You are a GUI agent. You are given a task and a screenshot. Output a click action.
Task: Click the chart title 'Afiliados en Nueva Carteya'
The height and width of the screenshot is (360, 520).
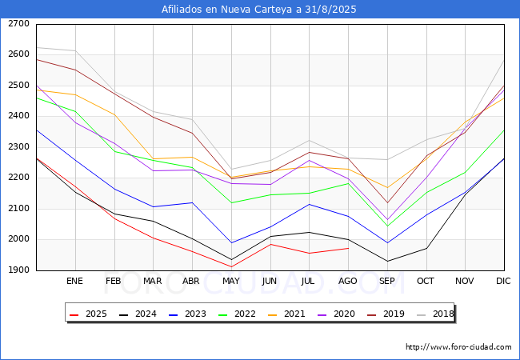coord(259,10)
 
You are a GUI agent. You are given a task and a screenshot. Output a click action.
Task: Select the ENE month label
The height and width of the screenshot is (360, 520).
coord(75,282)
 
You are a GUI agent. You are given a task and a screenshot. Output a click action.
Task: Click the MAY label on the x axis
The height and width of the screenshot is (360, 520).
coord(231,282)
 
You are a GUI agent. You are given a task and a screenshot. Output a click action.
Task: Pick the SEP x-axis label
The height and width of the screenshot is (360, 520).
coord(387,282)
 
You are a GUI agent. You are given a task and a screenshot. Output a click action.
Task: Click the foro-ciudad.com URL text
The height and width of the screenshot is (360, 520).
coord(458,347)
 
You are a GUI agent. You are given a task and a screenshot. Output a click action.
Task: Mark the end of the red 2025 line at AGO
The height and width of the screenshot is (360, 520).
coord(348,248)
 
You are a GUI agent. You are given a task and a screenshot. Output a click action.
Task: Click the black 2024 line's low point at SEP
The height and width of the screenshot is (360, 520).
coord(387,261)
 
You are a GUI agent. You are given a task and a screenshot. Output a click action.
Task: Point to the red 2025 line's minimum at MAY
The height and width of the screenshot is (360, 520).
coord(231,267)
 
